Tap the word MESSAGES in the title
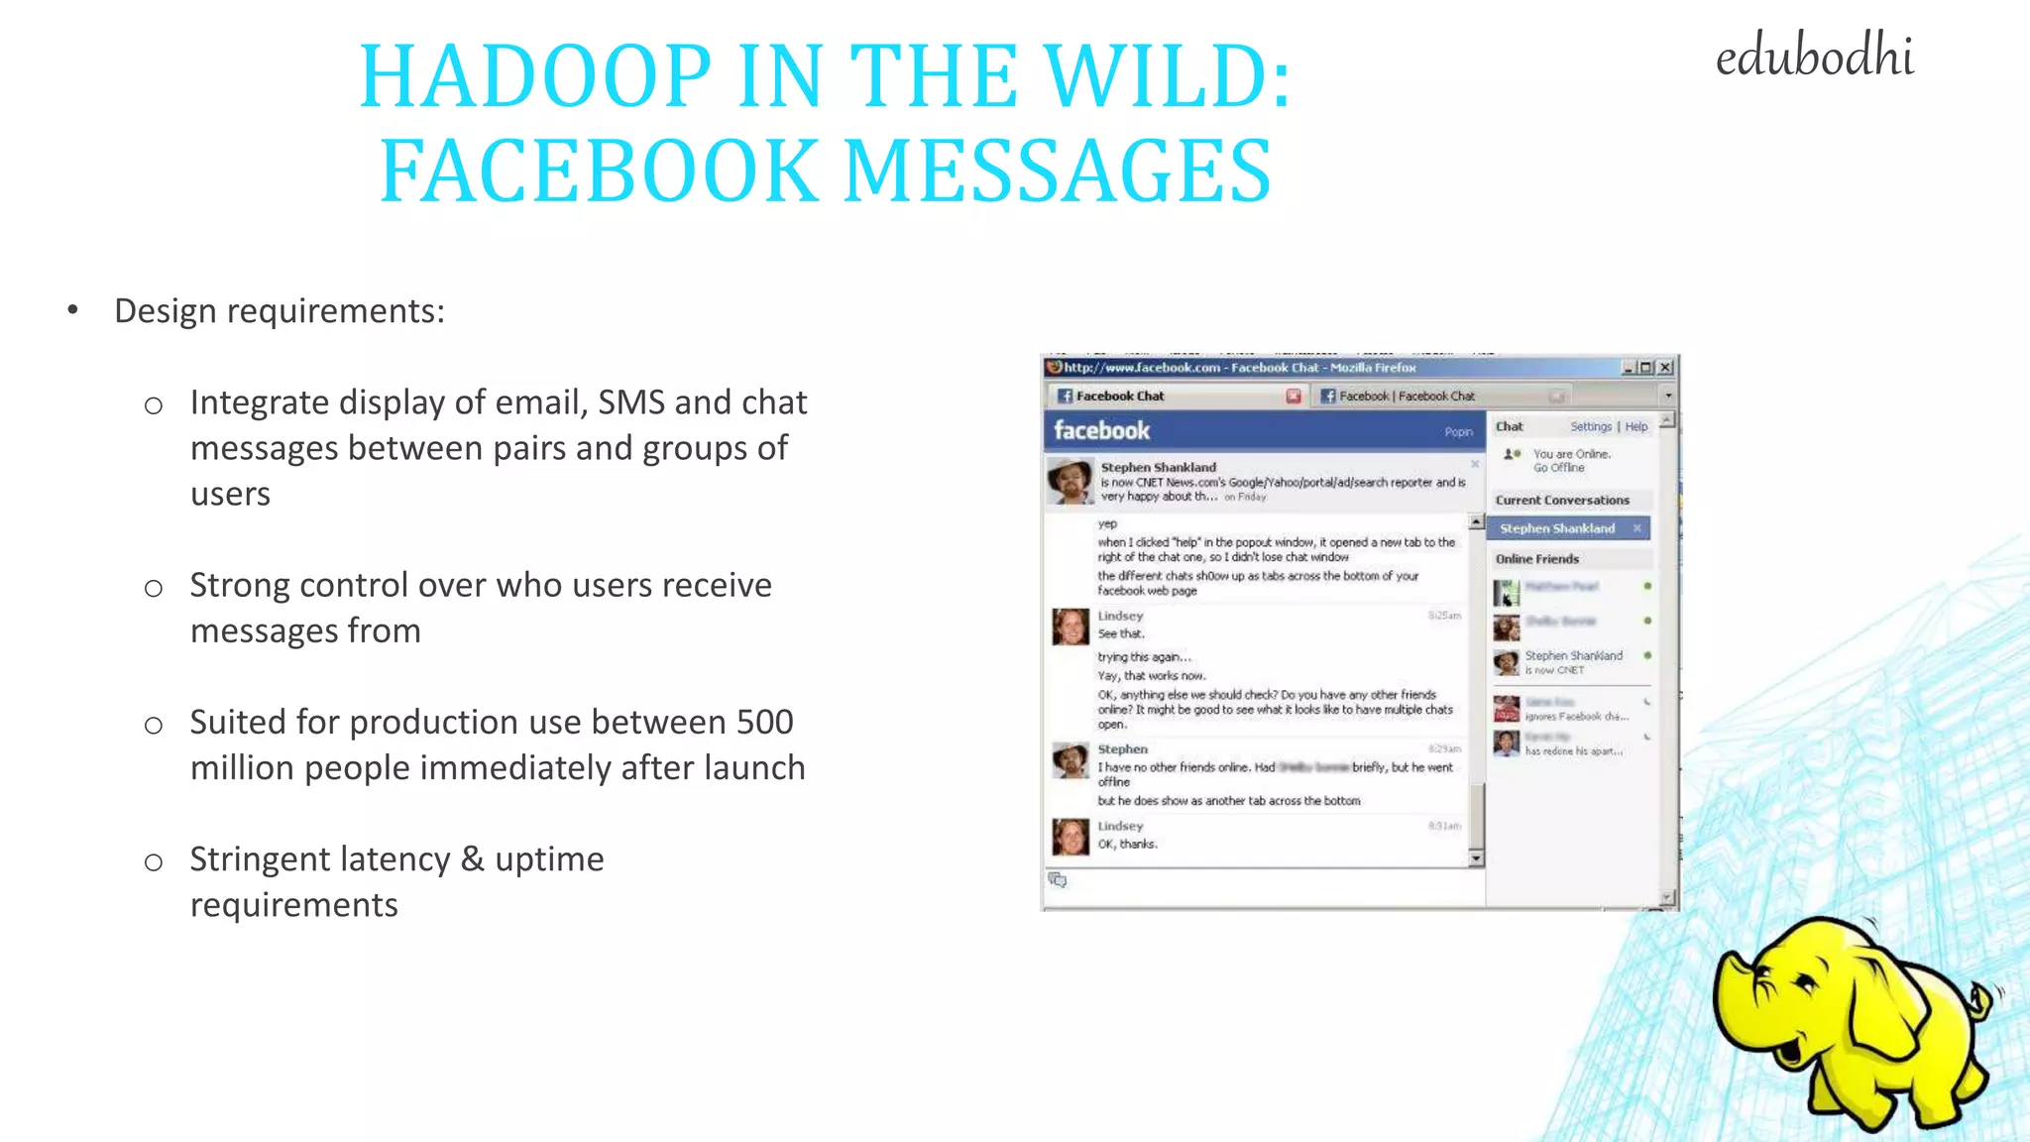click(1058, 171)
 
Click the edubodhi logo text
click(1814, 57)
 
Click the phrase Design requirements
click(280, 311)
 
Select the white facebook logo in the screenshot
click(1101, 430)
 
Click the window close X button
click(1666, 368)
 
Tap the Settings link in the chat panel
click(1591, 426)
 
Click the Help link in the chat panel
click(1636, 426)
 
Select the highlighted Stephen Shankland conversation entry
click(1557, 528)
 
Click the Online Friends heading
click(1537, 559)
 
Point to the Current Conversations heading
click(1562, 501)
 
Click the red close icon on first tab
click(1294, 397)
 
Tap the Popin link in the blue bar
click(1458, 432)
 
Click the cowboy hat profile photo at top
click(1071, 481)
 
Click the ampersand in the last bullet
click(473, 858)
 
